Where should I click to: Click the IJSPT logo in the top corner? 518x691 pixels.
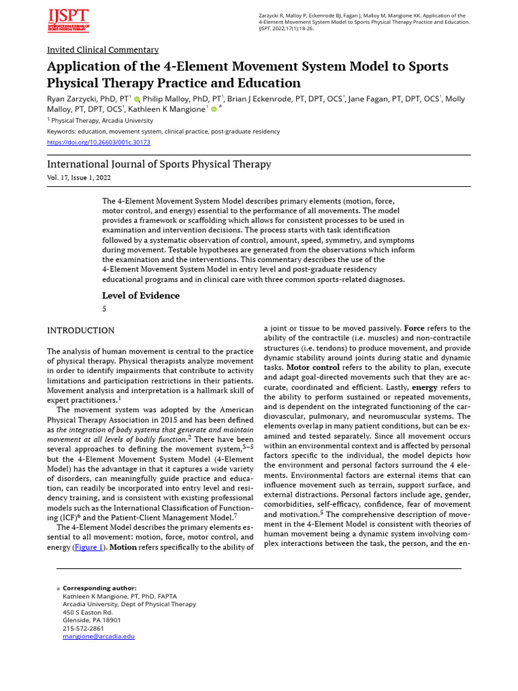tap(67, 20)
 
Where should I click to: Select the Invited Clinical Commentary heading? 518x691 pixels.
tap(103, 50)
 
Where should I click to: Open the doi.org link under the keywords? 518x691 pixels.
tap(98, 142)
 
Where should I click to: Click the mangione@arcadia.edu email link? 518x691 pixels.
tap(98, 636)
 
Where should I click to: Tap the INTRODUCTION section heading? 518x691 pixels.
tap(80, 331)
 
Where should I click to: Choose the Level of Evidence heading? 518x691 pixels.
tap(140, 296)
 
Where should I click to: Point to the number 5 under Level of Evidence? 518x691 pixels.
tap(105, 309)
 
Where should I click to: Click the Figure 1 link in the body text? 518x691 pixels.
tap(88, 547)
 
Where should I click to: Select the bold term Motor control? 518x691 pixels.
tap(313, 367)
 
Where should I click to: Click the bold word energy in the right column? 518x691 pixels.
tap(425, 387)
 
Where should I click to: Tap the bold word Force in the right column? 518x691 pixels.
tap(414, 328)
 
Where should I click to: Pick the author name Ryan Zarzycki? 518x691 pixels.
tap(73, 99)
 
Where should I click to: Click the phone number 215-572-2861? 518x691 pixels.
tap(83, 628)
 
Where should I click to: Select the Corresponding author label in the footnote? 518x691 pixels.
tap(100, 588)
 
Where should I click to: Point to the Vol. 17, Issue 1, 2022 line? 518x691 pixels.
tap(79, 177)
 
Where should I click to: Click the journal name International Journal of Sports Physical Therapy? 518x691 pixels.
tap(159, 164)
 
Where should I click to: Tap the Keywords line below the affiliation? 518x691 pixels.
tap(163, 132)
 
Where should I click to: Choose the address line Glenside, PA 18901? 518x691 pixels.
tap(92, 619)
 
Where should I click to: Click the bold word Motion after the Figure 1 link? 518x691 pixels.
tap(123, 547)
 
